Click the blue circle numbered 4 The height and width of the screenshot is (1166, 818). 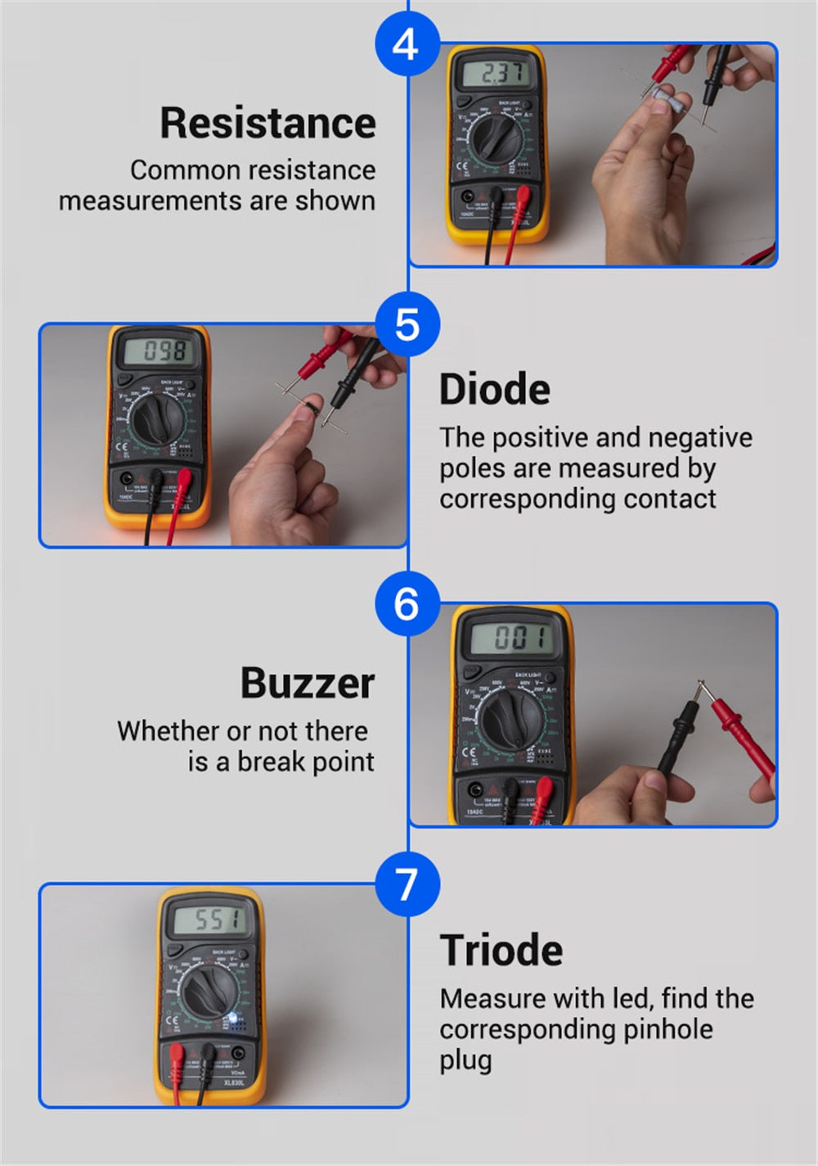pos(407,43)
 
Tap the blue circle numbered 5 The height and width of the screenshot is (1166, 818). pos(407,324)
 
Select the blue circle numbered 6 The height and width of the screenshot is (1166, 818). pos(407,604)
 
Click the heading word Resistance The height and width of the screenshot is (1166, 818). pos(267,123)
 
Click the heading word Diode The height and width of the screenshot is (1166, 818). pos(494,389)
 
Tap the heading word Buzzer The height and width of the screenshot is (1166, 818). pos(307,683)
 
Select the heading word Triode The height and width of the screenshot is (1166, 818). pos(501,950)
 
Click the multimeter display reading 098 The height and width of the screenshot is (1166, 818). pos(161,352)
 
